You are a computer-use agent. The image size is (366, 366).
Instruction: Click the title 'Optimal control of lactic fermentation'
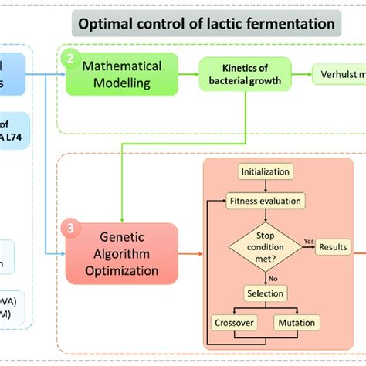click(206, 24)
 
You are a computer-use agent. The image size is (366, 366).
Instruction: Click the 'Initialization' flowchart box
click(265, 171)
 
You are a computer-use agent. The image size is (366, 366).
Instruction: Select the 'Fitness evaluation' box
click(265, 200)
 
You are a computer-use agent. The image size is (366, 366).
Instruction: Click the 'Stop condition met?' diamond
click(265, 246)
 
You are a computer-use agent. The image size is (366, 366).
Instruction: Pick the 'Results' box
click(330, 246)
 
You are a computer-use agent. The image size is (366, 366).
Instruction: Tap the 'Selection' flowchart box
click(265, 293)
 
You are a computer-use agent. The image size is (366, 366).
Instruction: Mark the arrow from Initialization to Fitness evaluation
click(265, 185)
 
